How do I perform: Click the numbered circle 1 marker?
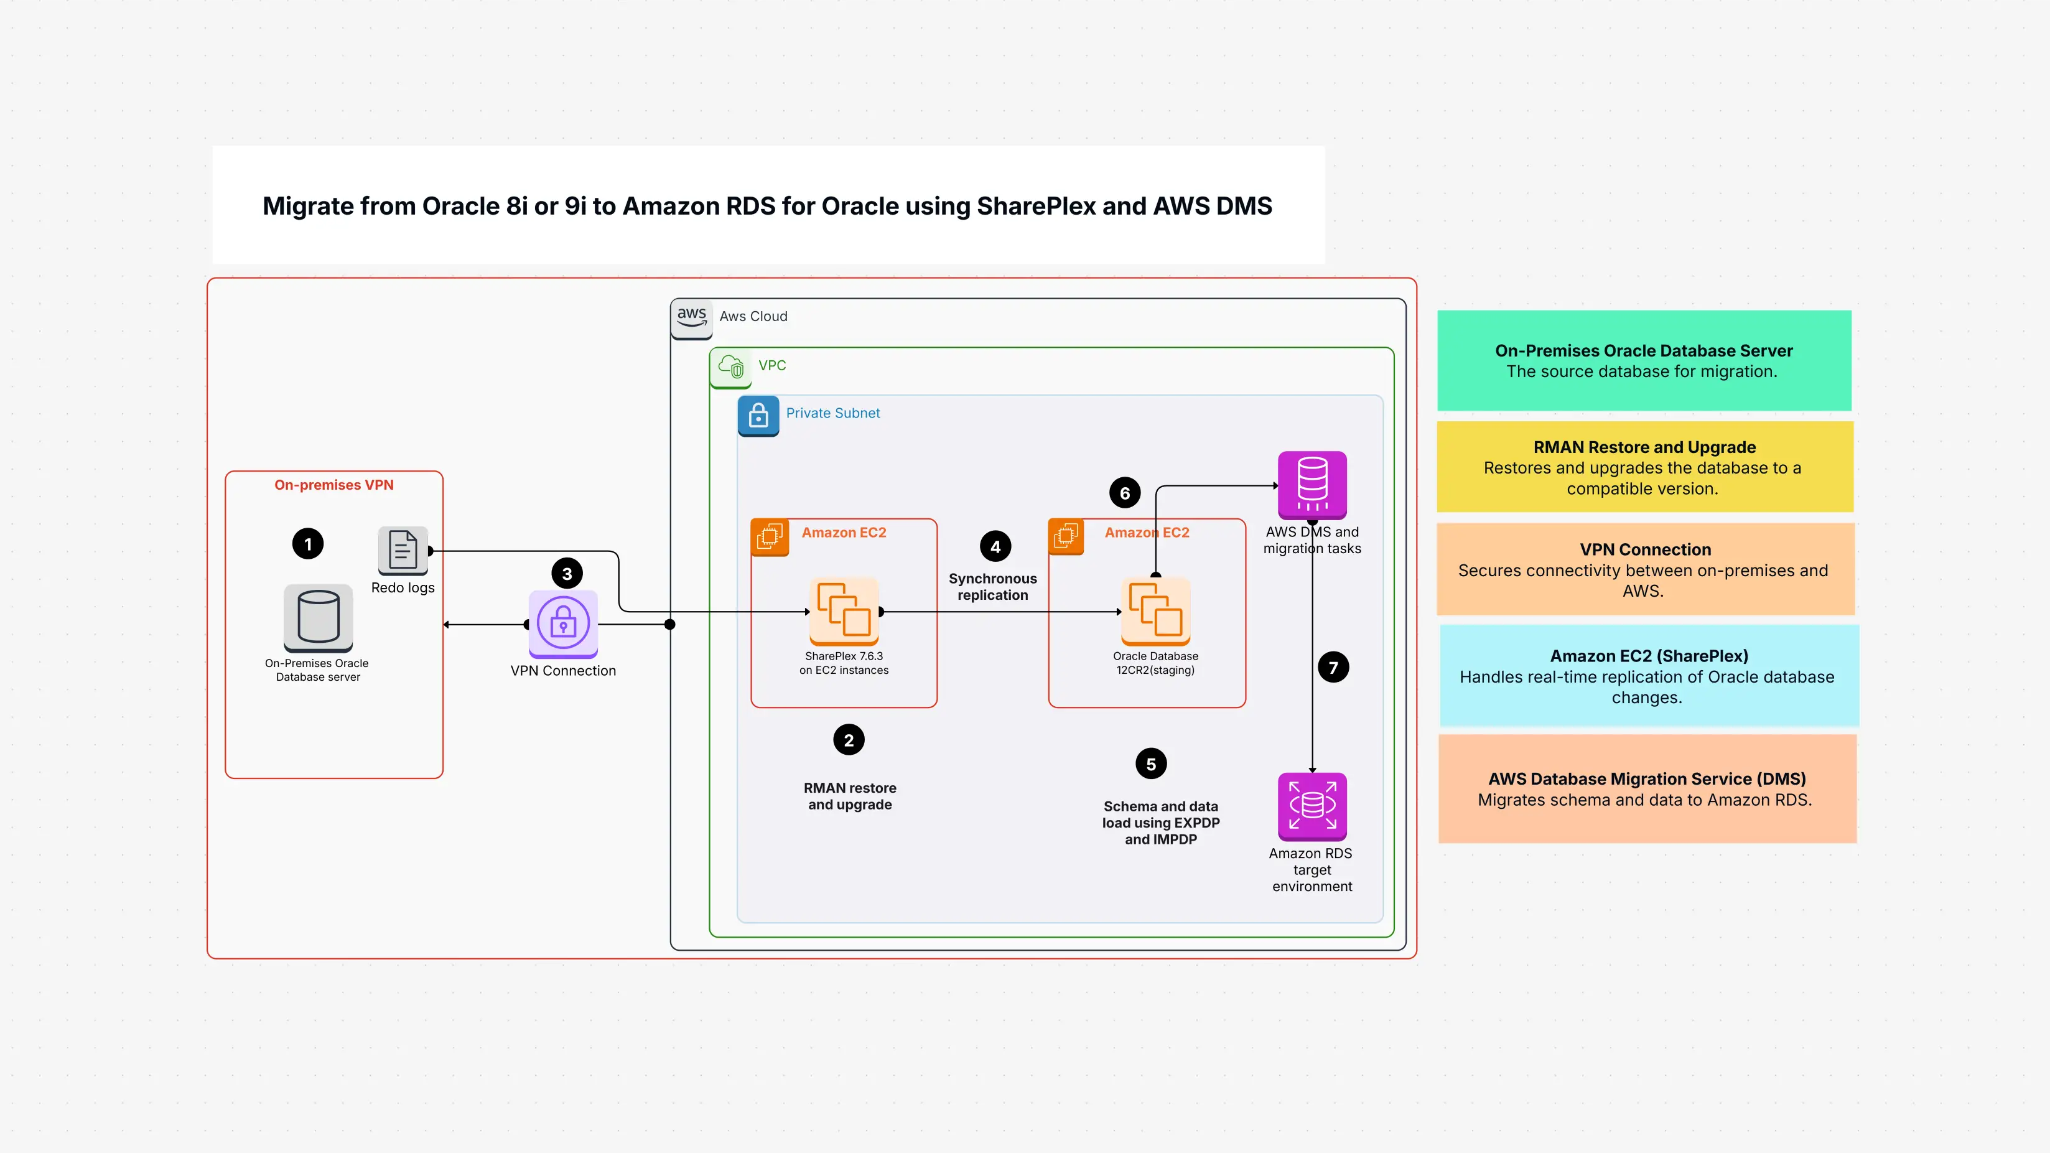coord(308,544)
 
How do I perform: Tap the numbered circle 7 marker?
coord(1333,667)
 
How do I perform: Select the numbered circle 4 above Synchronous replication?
coord(995,547)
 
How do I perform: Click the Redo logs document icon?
coord(403,551)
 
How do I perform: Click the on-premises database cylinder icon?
coord(319,617)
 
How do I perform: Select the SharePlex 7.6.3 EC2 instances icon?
coord(844,611)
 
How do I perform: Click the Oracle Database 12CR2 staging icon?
coord(1155,611)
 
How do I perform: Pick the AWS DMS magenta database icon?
coord(1312,485)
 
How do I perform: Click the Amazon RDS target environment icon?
coord(1312,806)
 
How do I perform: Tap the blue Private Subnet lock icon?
coord(758,416)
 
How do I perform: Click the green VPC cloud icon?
coord(730,367)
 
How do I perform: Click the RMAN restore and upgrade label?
coord(849,796)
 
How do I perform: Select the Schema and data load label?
coord(1160,822)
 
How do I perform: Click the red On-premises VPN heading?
coord(333,485)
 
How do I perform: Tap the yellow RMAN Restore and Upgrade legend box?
coord(1644,467)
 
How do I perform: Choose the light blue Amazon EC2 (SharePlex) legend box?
coord(1648,676)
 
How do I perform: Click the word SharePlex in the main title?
coord(1035,206)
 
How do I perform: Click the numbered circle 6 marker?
coord(1124,493)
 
